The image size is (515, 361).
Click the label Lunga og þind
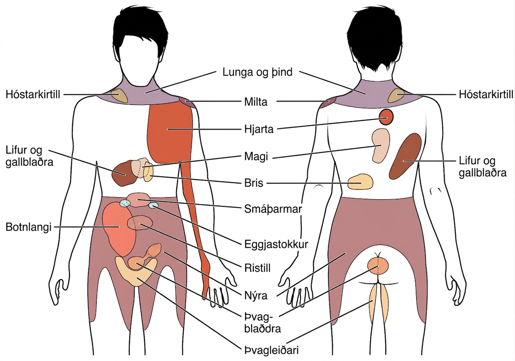tap(257, 72)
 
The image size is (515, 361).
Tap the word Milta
tap(256, 102)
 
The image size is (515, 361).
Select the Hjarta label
tap(259, 129)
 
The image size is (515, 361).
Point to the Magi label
tap(256, 157)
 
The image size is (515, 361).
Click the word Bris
tap(254, 183)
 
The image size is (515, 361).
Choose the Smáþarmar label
tap(273, 209)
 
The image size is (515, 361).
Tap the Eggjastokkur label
tap(276, 244)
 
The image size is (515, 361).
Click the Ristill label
tap(257, 268)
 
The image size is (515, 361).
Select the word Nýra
tap(256, 296)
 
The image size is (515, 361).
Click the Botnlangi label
tap(29, 227)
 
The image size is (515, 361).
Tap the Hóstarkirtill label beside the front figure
tap(33, 94)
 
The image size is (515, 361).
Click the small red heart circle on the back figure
tap(386, 117)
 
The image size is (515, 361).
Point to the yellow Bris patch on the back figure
tap(360, 182)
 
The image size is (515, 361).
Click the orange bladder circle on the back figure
tap(378, 266)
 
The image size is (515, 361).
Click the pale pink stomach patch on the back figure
tap(381, 146)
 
